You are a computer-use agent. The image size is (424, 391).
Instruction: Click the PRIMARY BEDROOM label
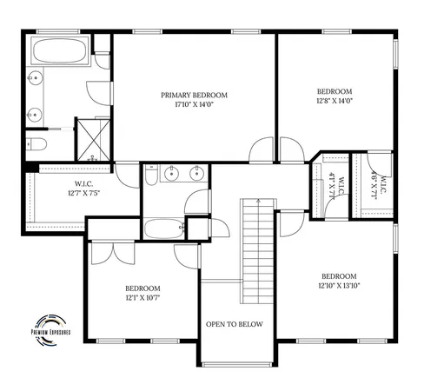(x=194, y=94)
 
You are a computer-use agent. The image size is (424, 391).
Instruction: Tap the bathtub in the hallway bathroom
(x=164, y=229)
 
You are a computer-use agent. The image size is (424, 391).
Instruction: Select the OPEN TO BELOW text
(x=234, y=324)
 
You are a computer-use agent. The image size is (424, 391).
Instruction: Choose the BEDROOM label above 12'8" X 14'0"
(x=334, y=91)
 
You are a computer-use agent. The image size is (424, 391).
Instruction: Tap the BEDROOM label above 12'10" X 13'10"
(x=339, y=275)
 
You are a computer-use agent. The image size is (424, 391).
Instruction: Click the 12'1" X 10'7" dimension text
(x=142, y=298)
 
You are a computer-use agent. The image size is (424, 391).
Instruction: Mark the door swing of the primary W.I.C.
(x=126, y=171)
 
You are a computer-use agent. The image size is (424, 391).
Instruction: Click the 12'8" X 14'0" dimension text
(x=334, y=102)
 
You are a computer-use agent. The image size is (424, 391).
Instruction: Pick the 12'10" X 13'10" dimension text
(x=339, y=286)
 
